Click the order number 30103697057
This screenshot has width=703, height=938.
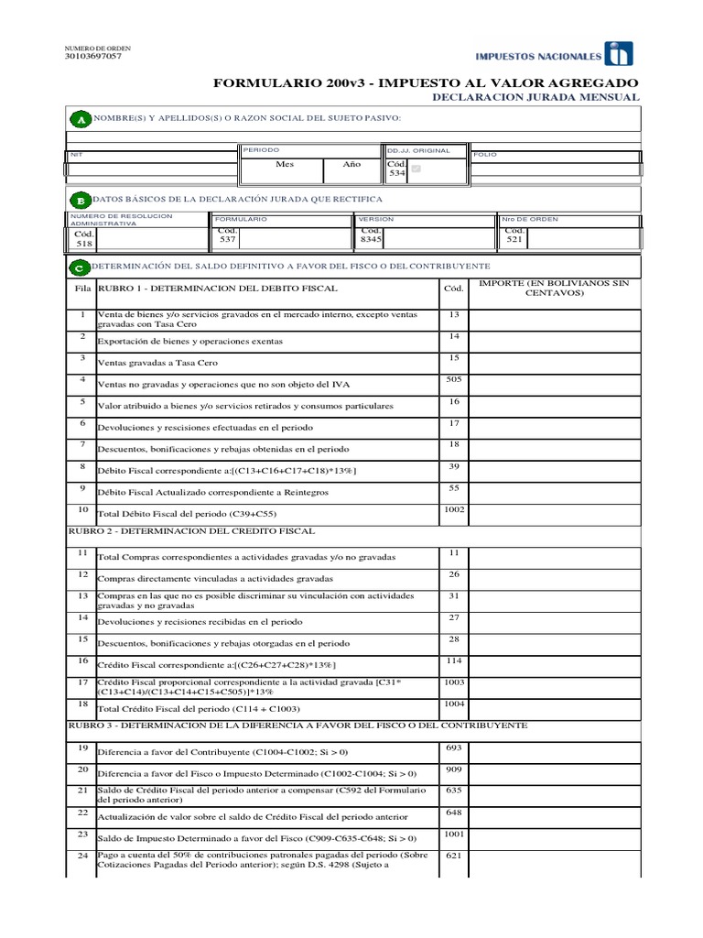pyautogui.click(x=93, y=56)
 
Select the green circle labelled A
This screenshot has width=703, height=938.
pyautogui.click(x=80, y=120)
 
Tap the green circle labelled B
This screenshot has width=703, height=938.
pyautogui.click(x=80, y=200)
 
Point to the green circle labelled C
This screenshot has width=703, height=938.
pyautogui.click(x=80, y=267)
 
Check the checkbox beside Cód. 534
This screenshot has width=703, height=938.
pyautogui.click(x=416, y=169)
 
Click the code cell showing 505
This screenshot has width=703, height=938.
pyautogui.click(x=453, y=378)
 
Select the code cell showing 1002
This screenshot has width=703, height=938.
pyautogui.click(x=453, y=508)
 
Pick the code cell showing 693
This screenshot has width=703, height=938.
pyautogui.click(x=453, y=749)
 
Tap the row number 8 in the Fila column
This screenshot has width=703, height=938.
pyautogui.click(x=82, y=465)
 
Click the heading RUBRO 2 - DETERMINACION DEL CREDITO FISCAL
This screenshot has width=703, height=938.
pyautogui.click(x=192, y=531)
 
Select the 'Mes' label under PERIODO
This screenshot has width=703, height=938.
pyautogui.click(x=285, y=165)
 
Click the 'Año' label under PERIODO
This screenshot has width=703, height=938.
pyautogui.click(x=351, y=165)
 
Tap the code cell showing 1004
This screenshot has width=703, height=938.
pyautogui.click(x=453, y=704)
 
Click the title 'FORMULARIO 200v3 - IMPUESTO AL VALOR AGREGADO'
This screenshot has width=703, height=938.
pyautogui.click(x=426, y=83)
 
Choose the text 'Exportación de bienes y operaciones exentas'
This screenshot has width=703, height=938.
pyautogui.click(x=189, y=341)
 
